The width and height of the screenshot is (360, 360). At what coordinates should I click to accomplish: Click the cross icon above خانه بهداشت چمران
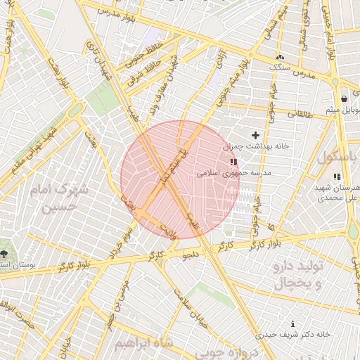255,135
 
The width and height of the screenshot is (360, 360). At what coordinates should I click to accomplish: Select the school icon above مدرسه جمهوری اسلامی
233,162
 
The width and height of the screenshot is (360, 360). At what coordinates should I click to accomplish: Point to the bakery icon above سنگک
281,57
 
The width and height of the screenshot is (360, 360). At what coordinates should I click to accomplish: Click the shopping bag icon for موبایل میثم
343,99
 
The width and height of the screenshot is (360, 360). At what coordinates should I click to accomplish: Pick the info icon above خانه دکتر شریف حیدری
293,324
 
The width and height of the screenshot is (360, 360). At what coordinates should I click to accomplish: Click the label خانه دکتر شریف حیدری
293,335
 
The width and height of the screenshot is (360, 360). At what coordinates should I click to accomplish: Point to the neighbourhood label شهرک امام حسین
61,199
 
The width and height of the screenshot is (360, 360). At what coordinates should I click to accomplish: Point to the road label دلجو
191,255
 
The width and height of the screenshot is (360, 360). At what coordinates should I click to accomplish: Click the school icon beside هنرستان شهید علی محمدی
336,176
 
